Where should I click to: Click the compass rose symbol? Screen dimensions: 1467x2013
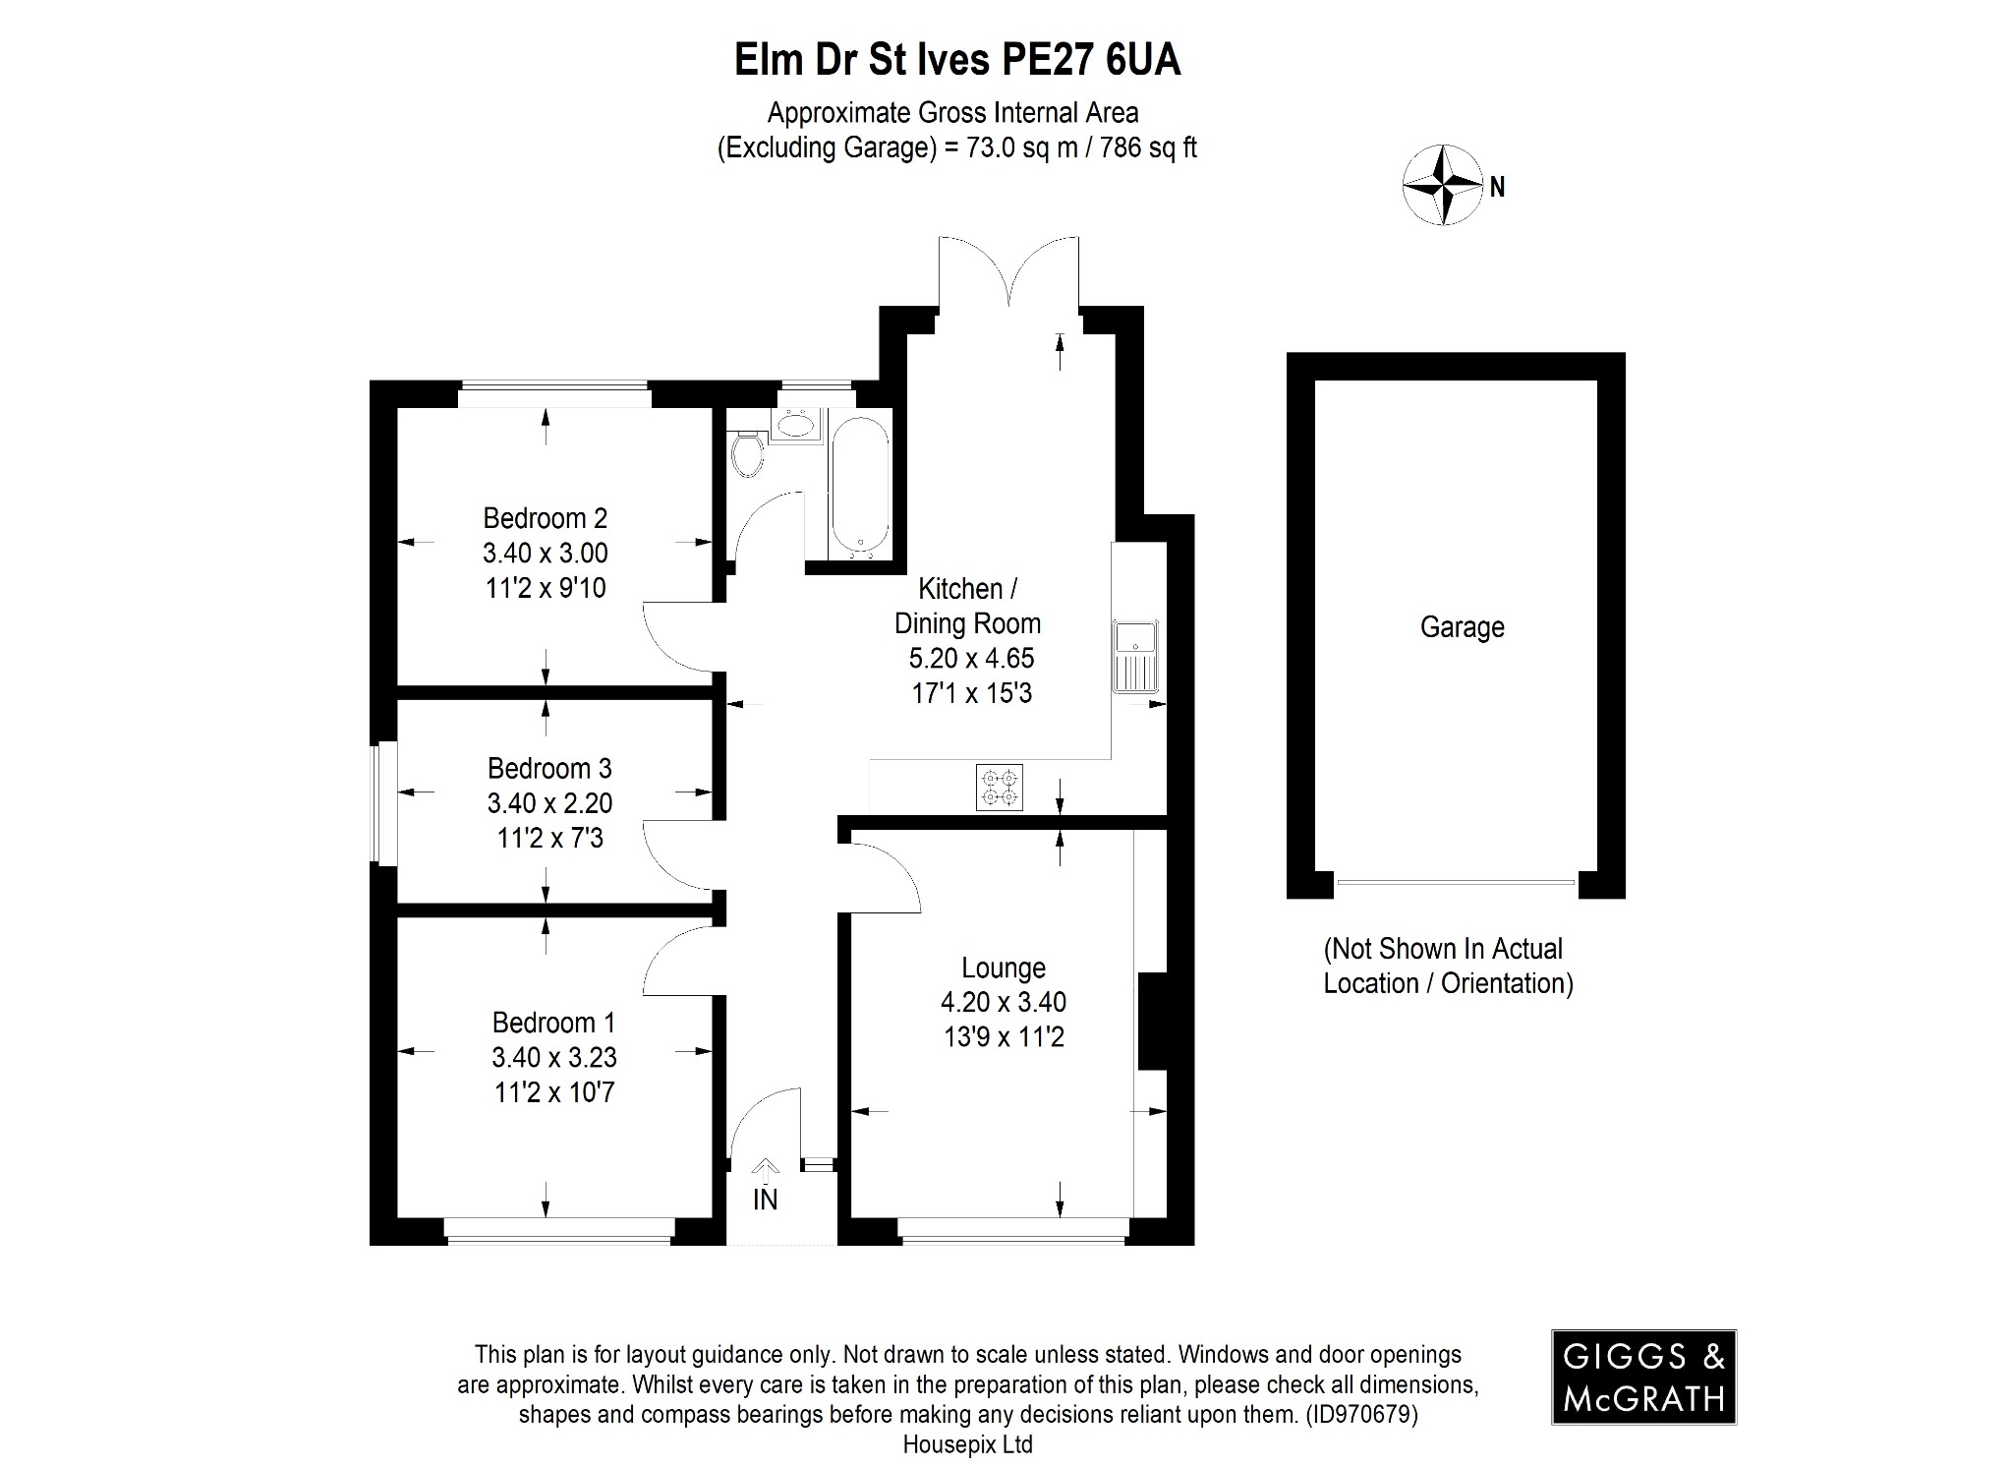click(x=1441, y=184)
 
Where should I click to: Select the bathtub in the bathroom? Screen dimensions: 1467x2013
click(x=860, y=484)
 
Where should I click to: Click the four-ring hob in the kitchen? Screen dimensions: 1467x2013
click(x=1000, y=788)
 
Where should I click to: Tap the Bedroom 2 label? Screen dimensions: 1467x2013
click(x=545, y=518)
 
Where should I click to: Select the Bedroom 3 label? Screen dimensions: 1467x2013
click(x=549, y=768)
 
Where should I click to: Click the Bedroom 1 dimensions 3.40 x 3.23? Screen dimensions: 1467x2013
click(x=554, y=1058)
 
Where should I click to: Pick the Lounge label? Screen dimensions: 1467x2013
click(x=1003, y=968)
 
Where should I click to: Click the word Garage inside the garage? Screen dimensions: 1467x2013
click(x=1462, y=627)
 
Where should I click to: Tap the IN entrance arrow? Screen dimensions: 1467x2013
click(x=765, y=1170)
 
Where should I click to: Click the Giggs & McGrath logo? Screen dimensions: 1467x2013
click(x=1643, y=1377)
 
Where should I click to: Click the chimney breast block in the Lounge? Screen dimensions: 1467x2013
click(x=1151, y=1021)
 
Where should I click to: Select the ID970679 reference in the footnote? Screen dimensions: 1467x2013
click(x=1360, y=1415)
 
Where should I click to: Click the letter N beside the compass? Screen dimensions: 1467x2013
click(x=1497, y=187)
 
